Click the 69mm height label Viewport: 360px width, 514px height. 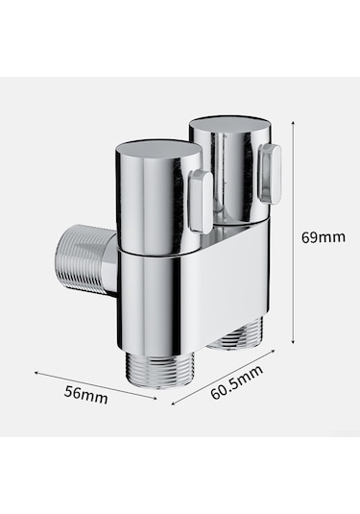click(324, 237)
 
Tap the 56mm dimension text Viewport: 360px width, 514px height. click(85, 395)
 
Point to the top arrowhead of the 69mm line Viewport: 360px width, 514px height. click(293, 123)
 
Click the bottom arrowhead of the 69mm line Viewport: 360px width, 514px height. click(293, 342)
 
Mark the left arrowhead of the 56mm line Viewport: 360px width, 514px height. click(36, 372)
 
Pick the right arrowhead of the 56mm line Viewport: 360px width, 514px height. click(155, 398)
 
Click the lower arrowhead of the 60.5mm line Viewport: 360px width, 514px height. click(174, 404)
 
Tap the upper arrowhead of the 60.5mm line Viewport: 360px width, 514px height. click(272, 352)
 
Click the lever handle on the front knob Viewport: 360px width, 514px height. click(201, 202)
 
